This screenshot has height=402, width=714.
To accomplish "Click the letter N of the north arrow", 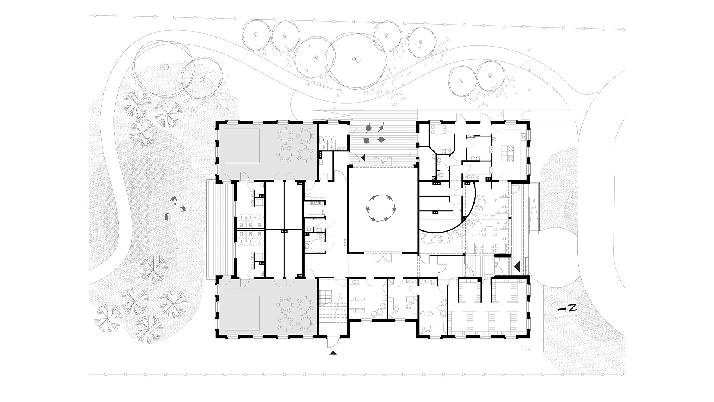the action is [573, 307].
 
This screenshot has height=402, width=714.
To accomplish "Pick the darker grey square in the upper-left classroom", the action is [242, 146].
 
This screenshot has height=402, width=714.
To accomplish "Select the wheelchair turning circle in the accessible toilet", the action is [318, 246].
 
